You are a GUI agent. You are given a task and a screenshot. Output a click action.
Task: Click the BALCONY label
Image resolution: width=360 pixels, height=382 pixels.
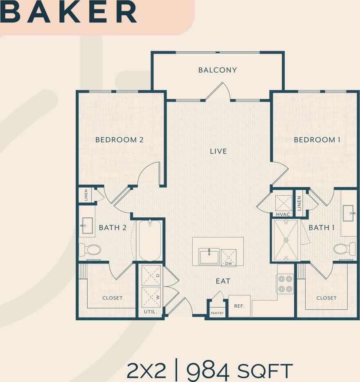click(x=217, y=70)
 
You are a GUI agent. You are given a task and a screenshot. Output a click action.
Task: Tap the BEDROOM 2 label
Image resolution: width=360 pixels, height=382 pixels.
click(x=119, y=140)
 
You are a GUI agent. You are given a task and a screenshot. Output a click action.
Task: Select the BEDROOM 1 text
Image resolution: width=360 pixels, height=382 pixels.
click(x=317, y=140)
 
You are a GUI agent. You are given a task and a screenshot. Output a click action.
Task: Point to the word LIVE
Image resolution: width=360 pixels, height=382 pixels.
click(x=218, y=151)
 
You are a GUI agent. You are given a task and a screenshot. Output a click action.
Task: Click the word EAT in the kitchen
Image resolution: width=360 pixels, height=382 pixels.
click(x=223, y=281)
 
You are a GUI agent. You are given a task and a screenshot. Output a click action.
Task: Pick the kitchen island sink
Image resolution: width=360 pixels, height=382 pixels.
click(x=209, y=256)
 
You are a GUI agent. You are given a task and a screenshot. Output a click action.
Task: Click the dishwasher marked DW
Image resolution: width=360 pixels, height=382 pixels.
click(x=228, y=258)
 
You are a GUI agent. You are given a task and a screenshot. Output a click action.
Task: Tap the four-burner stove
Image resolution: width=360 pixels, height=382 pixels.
click(x=285, y=284)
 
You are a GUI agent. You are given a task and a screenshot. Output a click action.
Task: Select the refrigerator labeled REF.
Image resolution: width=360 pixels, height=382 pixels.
click(x=239, y=306)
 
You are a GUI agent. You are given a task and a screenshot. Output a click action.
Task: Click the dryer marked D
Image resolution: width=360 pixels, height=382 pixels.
click(x=151, y=275)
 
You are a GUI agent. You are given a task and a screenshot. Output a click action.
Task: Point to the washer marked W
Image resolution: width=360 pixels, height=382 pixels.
click(x=151, y=297)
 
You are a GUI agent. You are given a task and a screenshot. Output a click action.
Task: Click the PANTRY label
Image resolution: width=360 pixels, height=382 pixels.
click(x=217, y=313)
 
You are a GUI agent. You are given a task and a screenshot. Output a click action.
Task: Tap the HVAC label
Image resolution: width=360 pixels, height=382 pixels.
click(x=283, y=214)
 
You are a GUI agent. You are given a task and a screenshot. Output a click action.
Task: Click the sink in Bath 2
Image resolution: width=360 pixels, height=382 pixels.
click(x=87, y=225)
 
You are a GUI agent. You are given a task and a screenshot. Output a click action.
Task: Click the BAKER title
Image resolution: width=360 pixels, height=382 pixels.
click(x=69, y=12)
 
